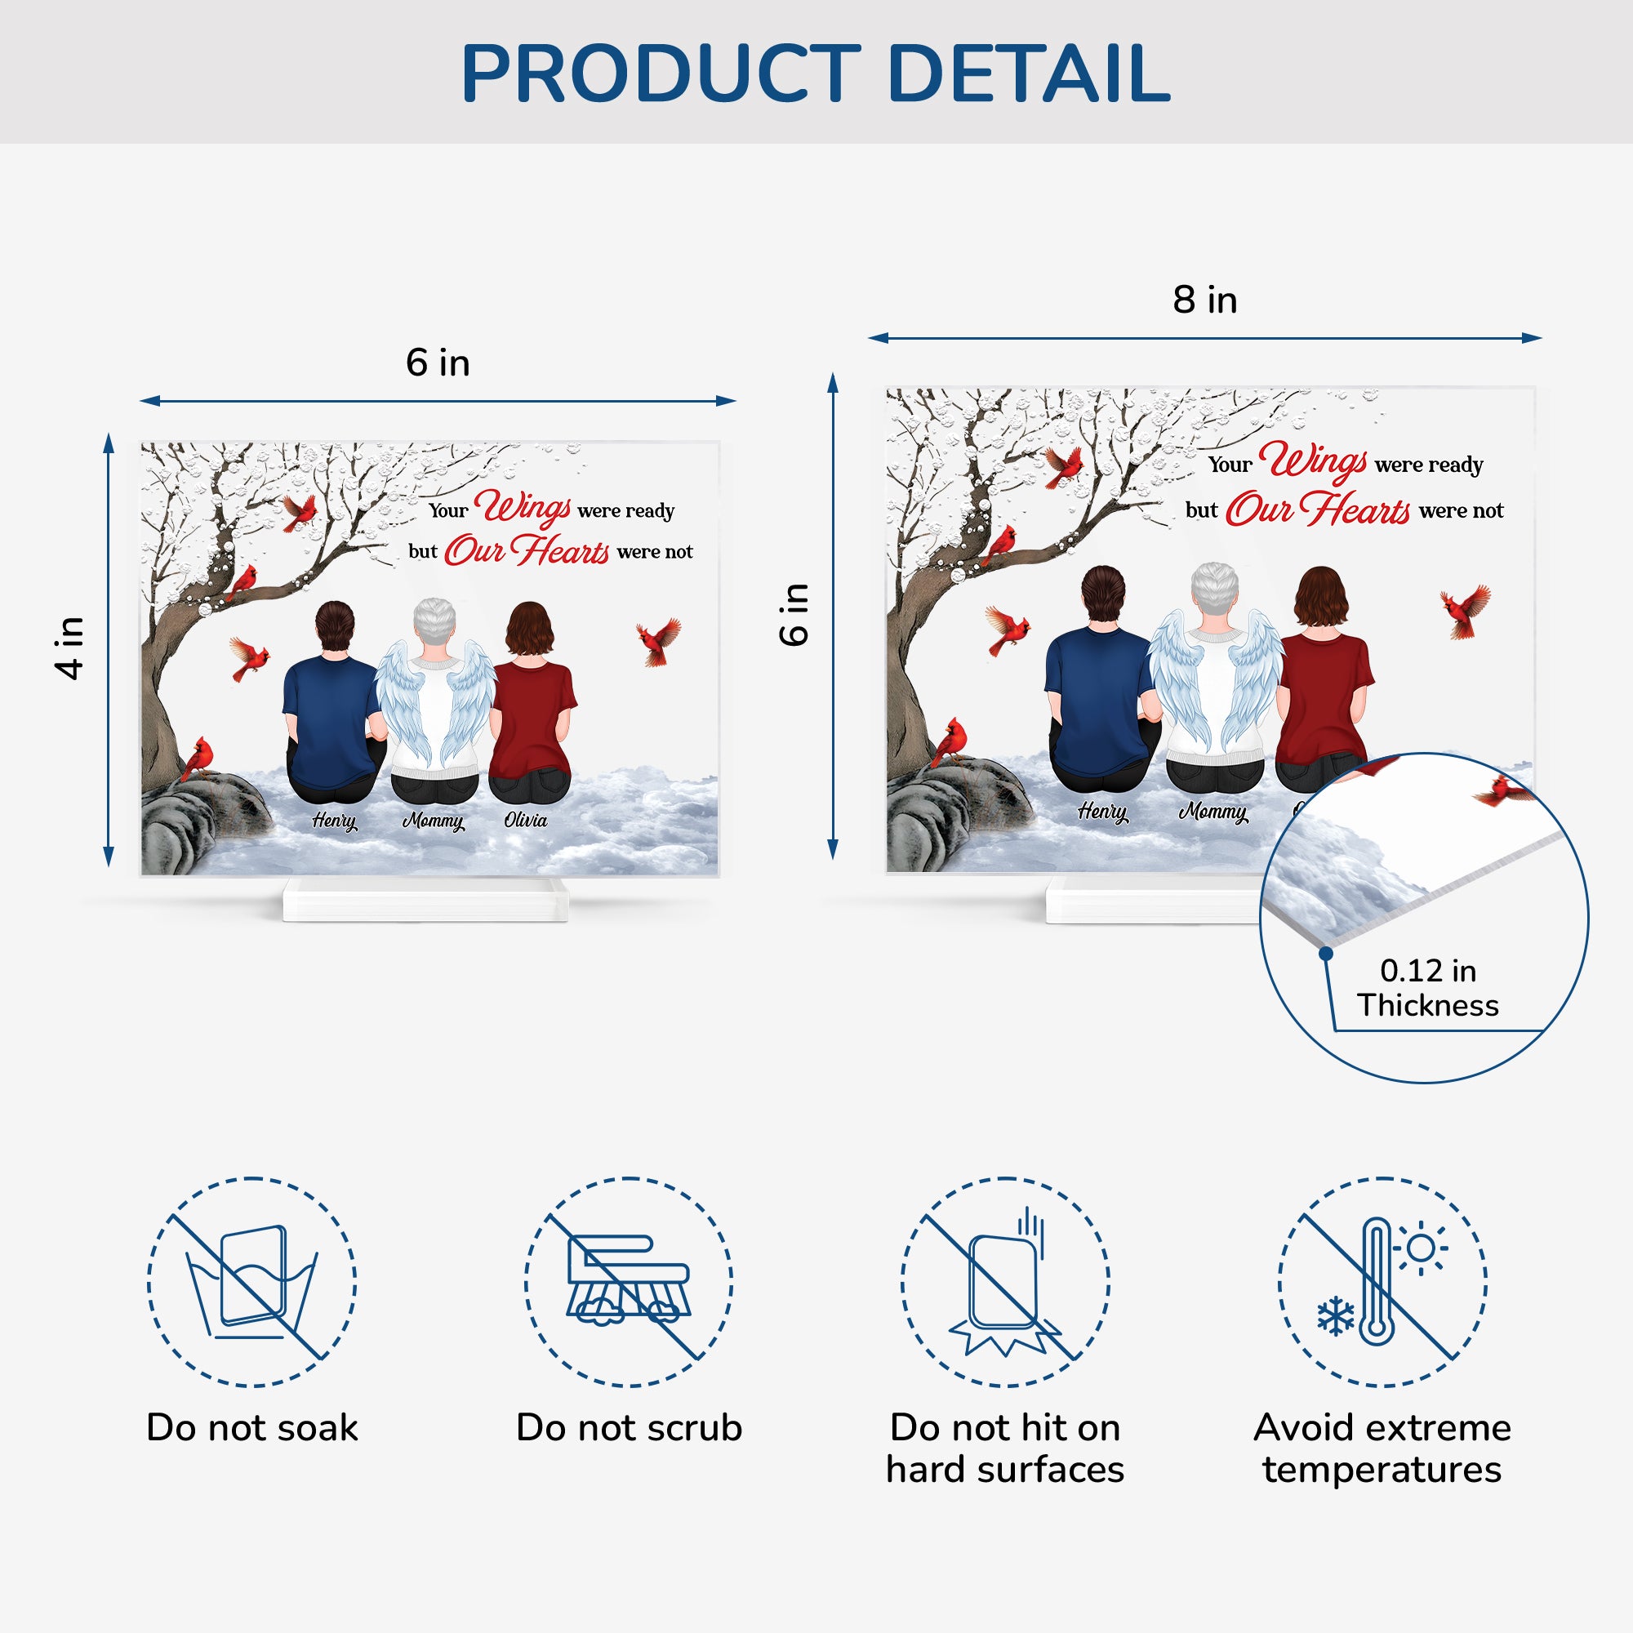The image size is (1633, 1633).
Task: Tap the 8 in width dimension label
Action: click(1204, 300)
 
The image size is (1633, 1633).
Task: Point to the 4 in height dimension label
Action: click(70, 647)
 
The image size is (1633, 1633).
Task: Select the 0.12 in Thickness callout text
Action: click(1427, 987)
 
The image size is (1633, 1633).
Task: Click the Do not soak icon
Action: click(251, 1282)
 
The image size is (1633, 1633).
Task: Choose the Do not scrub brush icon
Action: click(629, 1282)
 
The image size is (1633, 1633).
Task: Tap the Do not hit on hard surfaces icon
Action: click(1005, 1282)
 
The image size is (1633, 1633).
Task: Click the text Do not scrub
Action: click(629, 1427)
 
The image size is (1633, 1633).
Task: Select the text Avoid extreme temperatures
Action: click(1382, 1448)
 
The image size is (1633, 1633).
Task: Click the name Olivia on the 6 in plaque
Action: click(525, 820)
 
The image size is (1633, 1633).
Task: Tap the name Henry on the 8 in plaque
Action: click(1102, 812)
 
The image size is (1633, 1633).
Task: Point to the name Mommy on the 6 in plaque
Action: click(433, 821)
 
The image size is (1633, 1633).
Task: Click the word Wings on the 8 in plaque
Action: click(1313, 461)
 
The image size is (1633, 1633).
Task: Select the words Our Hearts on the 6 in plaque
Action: click(527, 550)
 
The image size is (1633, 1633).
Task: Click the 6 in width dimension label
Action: click(438, 363)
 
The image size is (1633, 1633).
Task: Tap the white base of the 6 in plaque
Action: click(425, 899)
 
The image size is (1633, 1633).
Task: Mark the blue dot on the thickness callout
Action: click(1326, 954)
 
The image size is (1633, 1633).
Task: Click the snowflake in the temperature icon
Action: click(1336, 1317)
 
